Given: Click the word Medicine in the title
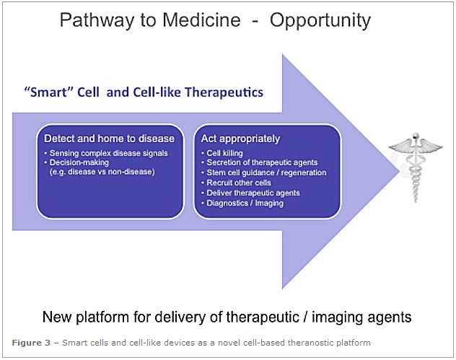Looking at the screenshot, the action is [x=201, y=20].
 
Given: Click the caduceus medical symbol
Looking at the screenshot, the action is [x=416, y=167].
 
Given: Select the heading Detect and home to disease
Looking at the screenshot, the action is [x=109, y=139].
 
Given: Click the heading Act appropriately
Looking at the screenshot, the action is [x=240, y=139].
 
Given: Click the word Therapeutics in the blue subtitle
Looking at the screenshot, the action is [x=224, y=92].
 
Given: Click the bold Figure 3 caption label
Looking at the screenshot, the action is [x=31, y=343].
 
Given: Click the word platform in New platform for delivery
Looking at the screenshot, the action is [x=102, y=317].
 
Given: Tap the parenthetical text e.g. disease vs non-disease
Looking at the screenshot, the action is [x=102, y=172].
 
